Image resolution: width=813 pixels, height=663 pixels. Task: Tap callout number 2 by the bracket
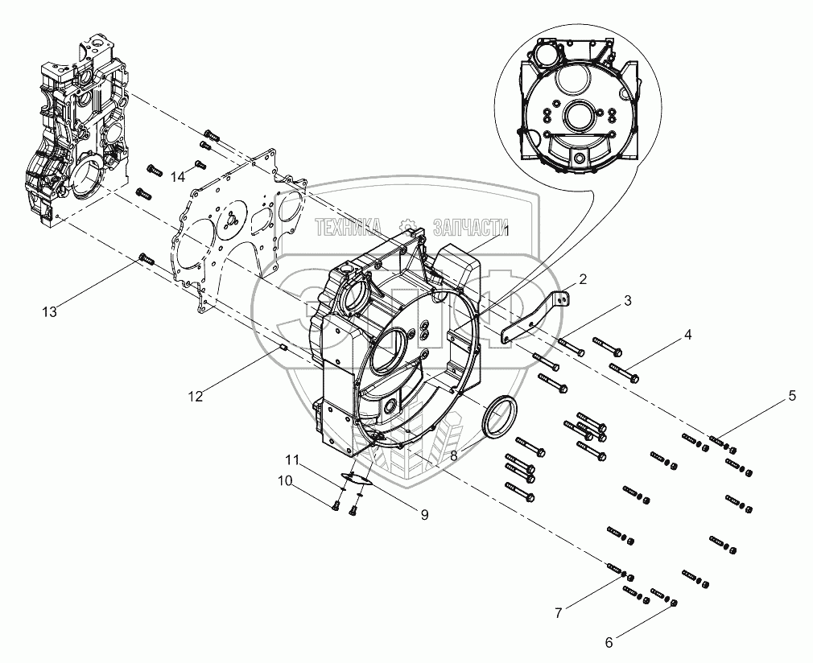tap(583, 279)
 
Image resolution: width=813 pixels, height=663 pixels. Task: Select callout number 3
tap(627, 300)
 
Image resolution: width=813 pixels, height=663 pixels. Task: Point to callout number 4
tap(687, 335)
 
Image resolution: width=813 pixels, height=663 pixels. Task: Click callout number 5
tap(792, 396)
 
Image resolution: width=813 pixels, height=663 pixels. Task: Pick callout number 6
tap(609, 643)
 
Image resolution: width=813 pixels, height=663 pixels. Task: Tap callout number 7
tap(558, 613)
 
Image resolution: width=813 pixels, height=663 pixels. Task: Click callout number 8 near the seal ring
tap(454, 456)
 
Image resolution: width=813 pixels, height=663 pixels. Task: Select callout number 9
tap(424, 515)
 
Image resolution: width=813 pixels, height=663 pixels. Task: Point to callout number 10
tap(285, 480)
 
